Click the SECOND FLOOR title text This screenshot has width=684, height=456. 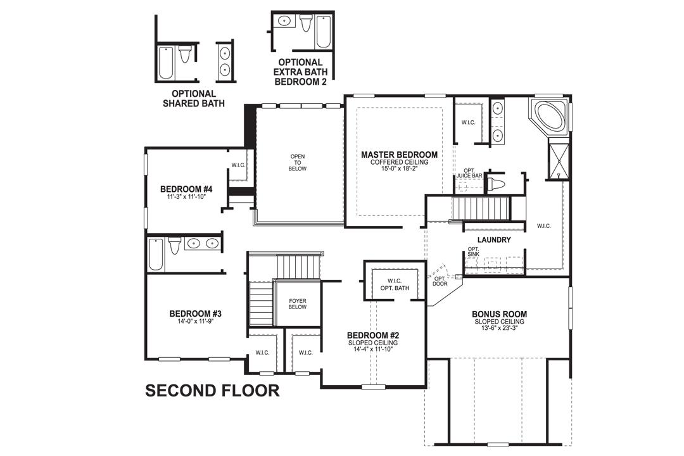[x=212, y=390]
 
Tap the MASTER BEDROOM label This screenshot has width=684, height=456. [x=399, y=155]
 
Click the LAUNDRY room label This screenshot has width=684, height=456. [x=495, y=240]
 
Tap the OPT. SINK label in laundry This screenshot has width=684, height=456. [x=473, y=251]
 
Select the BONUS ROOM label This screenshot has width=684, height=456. [x=499, y=314]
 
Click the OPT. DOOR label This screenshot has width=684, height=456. [x=440, y=281]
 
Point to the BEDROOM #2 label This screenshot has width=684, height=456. [x=372, y=335]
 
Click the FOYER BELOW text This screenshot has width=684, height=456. [x=298, y=304]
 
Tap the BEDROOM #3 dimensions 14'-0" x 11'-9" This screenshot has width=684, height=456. [x=195, y=321]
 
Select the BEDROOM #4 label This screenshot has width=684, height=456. [x=186, y=189]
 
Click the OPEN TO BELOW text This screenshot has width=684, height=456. [x=298, y=162]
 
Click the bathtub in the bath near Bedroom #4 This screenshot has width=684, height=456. [x=156, y=253]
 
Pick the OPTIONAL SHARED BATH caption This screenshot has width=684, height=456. [x=193, y=98]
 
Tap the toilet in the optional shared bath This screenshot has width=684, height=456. [x=185, y=55]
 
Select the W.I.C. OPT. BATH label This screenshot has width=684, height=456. [x=395, y=284]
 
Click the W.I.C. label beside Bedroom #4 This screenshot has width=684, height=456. [x=238, y=165]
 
